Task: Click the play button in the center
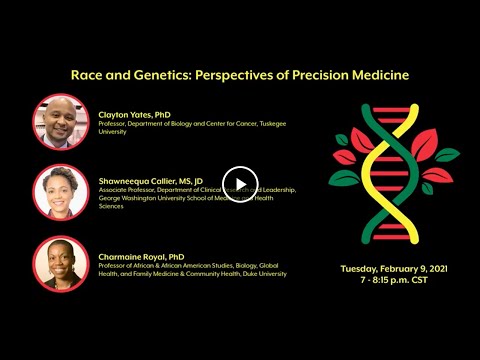240,181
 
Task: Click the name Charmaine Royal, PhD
142,255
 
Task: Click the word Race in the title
87,75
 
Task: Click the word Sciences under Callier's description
114,207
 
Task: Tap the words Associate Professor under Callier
131,189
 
